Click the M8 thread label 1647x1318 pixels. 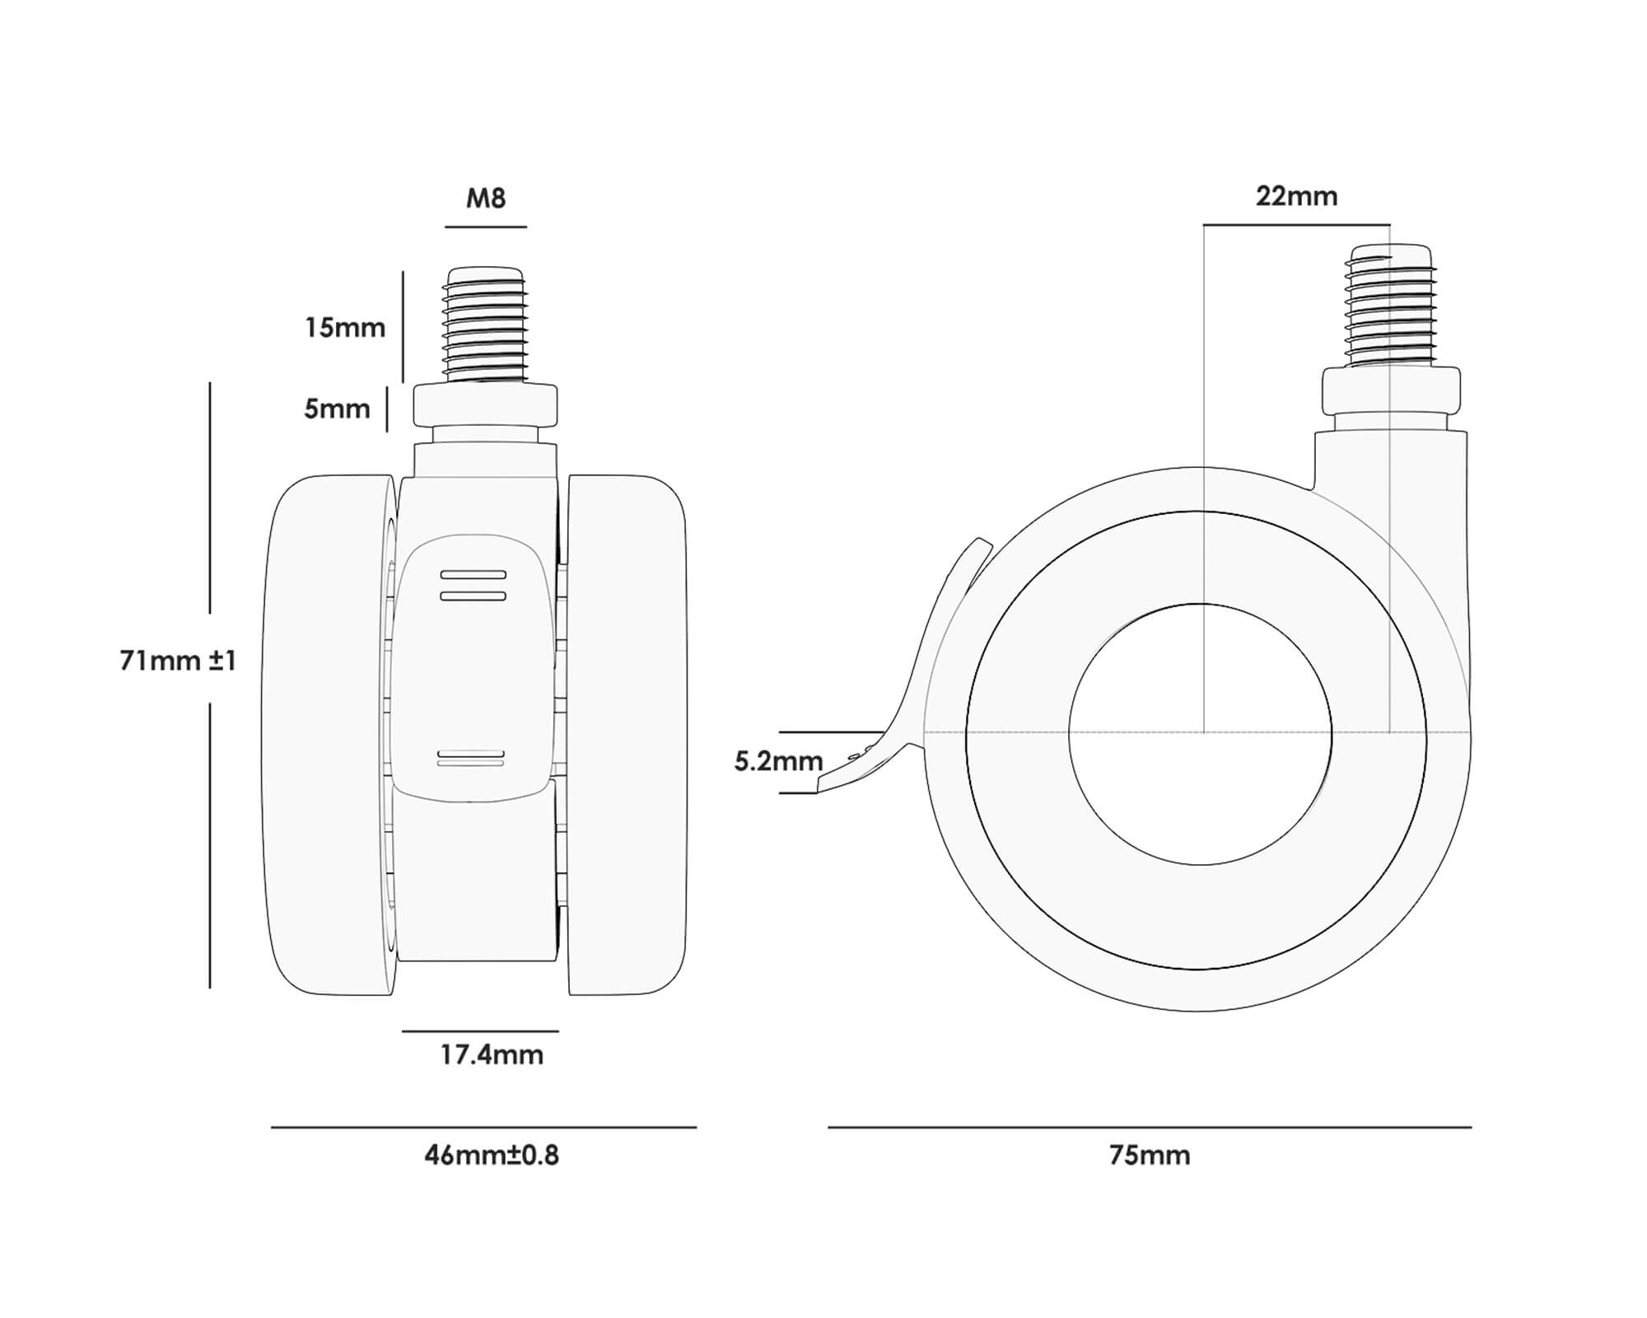point(486,199)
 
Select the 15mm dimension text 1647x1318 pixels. point(345,328)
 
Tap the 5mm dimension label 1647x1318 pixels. point(337,409)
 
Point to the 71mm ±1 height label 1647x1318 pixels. point(178,660)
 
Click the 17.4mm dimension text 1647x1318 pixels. point(492,1054)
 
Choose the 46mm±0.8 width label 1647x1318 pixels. point(492,1155)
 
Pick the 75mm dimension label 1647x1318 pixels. point(1150,1155)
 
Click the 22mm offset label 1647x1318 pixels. point(1296,196)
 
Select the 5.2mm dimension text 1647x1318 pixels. point(778,761)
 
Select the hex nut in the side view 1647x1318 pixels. point(1391,391)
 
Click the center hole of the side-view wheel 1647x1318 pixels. point(1200,734)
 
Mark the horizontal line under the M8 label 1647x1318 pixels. point(486,227)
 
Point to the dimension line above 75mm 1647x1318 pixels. point(1150,1127)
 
